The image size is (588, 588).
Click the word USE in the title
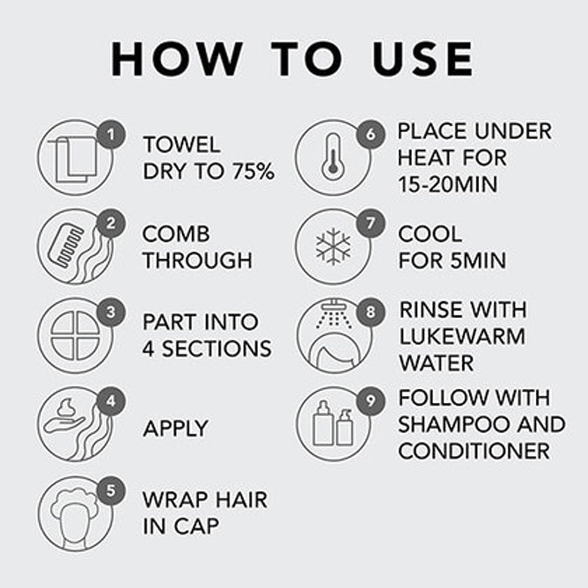pyautogui.click(x=423, y=59)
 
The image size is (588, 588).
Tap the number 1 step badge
pyautogui.click(x=111, y=135)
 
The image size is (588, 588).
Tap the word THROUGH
pyautogui.click(x=198, y=260)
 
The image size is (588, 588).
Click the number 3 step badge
pyautogui.click(x=111, y=312)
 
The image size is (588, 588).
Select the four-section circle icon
pyautogui.click(x=75, y=336)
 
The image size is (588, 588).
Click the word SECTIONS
pyautogui.click(x=217, y=349)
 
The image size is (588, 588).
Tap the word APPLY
pyautogui.click(x=175, y=428)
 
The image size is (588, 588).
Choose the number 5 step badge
pyautogui.click(x=111, y=490)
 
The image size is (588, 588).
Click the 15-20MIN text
pyautogui.click(x=447, y=185)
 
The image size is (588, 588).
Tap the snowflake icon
pyautogui.click(x=333, y=246)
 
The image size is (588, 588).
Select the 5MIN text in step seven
pyautogui.click(x=479, y=260)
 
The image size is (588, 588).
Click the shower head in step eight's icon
pyautogui.click(x=332, y=304)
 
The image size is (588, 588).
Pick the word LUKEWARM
pyautogui.click(x=462, y=336)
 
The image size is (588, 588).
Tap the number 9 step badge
pyautogui.click(x=370, y=401)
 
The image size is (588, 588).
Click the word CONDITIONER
pyautogui.click(x=474, y=451)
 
